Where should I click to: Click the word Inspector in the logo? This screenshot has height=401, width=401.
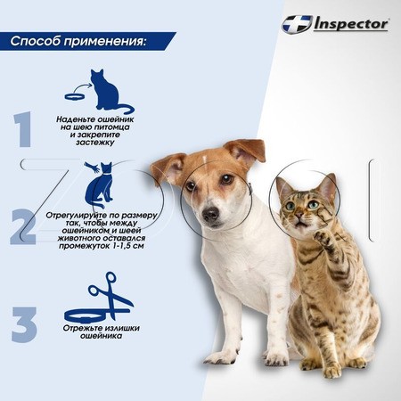[x=351, y=24]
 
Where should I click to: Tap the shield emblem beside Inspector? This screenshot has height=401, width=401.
[x=297, y=24]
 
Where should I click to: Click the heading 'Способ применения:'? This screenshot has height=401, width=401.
[x=78, y=41]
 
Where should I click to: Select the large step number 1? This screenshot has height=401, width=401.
[x=23, y=129]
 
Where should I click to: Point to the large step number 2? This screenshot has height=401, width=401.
[x=23, y=226]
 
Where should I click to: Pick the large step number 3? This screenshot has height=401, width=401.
[x=24, y=324]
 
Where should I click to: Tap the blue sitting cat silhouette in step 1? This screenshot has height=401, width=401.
[x=111, y=92]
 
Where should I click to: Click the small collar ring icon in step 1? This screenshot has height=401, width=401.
[x=75, y=96]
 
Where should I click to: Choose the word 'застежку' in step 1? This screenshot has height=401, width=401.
[x=95, y=143]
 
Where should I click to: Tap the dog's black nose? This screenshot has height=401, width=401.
[x=210, y=213]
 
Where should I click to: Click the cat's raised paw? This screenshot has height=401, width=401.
[x=324, y=238]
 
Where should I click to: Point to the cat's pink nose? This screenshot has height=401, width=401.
[x=299, y=215]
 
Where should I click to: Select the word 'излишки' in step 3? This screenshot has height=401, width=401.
[x=122, y=328]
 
